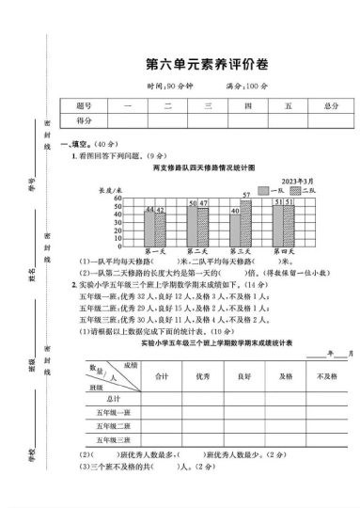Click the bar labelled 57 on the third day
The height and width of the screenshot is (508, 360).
tap(246, 221)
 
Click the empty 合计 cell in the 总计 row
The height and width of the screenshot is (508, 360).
tap(161, 398)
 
